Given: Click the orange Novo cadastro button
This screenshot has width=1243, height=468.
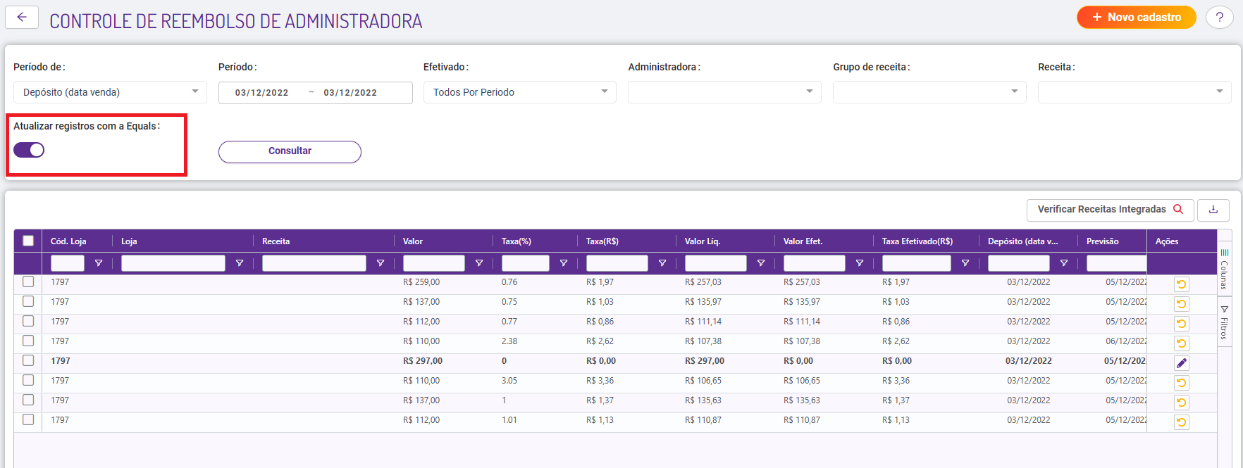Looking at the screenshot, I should pyautogui.click(x=1136, y=17).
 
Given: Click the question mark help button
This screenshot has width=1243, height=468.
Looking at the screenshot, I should pyautogui.click(x=1219, y=18).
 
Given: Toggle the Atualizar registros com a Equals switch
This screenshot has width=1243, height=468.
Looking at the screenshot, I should pyautogui.click(x=29, y=150).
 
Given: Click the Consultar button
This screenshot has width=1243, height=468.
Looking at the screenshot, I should pyautogui.click(x=290, y=151).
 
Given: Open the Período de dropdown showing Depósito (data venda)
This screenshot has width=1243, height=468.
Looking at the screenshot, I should pyautogui.click(x=110, y=92).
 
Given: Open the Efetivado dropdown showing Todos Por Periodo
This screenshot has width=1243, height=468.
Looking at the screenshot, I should pyautogui.click(x=519, y=92).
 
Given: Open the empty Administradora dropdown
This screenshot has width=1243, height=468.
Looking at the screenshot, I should pyautogui.click(x=724, y=92).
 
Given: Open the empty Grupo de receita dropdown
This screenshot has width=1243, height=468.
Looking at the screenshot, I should pyautogui.click(x=929, y=92).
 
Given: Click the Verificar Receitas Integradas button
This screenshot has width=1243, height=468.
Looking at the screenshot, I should pyautogui.click(x=1110, y=210).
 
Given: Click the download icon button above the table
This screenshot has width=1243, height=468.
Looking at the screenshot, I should pyautogui.click(x=1213, y=210).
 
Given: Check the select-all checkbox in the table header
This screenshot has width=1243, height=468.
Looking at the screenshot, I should pyautogui.click(x=28, y=241).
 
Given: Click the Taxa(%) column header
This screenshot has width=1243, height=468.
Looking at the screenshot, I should pyautogui.click(x=517, y=241).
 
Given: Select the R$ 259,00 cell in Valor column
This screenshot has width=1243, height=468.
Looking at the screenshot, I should pyautogui.click(x=421, y=282).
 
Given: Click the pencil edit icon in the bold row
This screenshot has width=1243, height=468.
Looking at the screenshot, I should pyautogui.click(x=1182, y=363).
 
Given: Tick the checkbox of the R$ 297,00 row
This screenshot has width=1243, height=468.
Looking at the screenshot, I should pyautogui.click(x=28, y=360).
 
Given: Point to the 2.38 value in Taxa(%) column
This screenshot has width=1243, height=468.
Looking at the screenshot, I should pyautogui.click(x=509, y=341).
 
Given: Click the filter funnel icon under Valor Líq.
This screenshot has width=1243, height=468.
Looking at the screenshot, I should pyautogui.click(x=761, y=263).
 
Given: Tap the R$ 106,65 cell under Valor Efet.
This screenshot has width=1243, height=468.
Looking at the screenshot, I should pyautogui.click(x=802, y=381).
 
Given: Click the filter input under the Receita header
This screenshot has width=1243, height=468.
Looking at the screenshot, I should pyautogui.click(x=314, y=263).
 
